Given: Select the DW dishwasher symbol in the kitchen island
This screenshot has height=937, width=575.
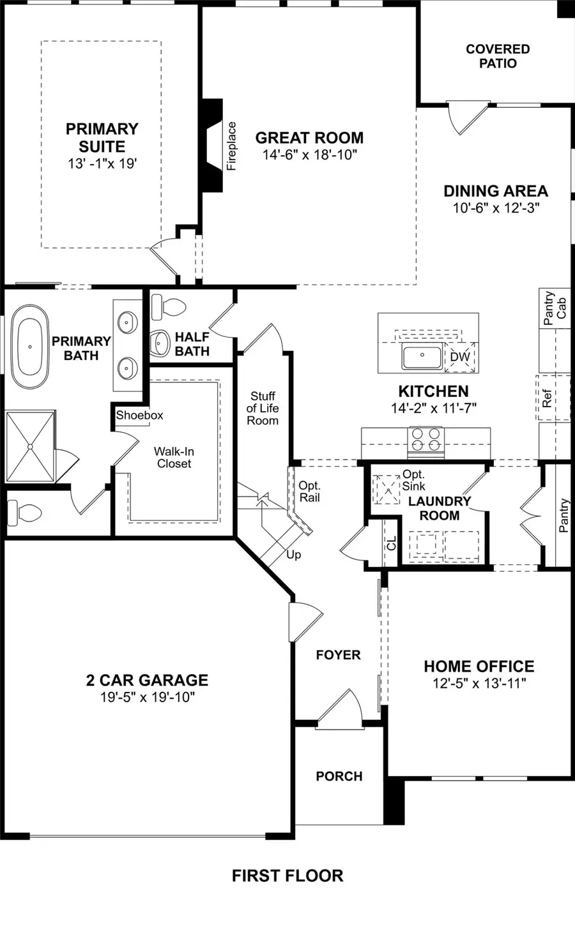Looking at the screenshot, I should pyautogui.click(x=459, y=357).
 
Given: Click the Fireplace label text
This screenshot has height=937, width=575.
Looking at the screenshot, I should pyautogui.click(x=231, y=146).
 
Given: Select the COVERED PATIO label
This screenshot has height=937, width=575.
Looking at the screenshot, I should pyautogui.click(x=498, y=56).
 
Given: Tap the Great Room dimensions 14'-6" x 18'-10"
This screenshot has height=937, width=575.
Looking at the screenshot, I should pyautogui.click(x=309, y=154).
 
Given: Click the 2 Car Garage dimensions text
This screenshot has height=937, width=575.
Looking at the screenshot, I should pyautogui.click(x=147, y=697).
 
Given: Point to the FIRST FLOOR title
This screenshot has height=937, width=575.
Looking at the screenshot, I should pyautogui.click(x=287, y=876).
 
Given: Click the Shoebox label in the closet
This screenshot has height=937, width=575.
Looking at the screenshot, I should pyautogui.click(x=139, y=415).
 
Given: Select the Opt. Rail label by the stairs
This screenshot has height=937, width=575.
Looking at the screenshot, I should pyautogui.click(x=310, y=491).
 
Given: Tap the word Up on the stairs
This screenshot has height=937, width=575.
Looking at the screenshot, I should pyautogui.click(x=293, y=555).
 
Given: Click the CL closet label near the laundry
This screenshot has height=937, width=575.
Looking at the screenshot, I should pyautogui.click(x=392, y=543).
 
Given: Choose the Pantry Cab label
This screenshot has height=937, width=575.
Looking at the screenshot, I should pyautogui.click(x=555, y=309).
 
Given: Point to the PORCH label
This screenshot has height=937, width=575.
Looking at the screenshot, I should pyautogui.click(x=339, y=776).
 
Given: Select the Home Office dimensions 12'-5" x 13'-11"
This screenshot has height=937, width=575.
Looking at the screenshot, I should pyautogui.click(x=479, y=684).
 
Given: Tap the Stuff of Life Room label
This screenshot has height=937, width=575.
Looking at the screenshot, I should pyautogui.click(x=263, y=409).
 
